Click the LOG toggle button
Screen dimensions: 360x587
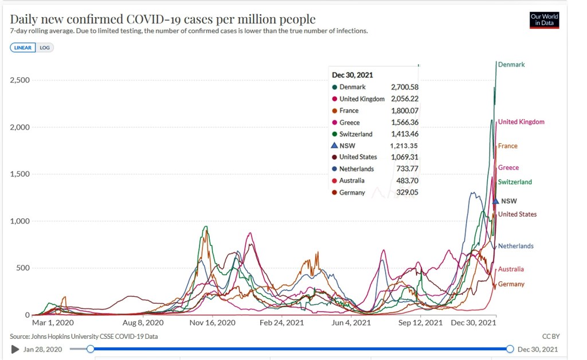(45, 48)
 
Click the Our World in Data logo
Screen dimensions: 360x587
(544, 21)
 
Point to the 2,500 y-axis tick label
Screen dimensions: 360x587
(20, 80)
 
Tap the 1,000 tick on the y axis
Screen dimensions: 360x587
(20, 221)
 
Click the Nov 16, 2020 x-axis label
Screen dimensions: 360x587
(213, 323)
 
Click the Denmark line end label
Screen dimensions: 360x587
(511, 65)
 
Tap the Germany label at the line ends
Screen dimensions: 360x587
(511, 284)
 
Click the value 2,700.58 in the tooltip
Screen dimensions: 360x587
(405, 87)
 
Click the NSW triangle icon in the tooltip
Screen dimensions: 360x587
(334, 146)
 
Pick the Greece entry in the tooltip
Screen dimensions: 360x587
(350, 123)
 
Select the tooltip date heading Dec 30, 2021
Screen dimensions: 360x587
(351, 75)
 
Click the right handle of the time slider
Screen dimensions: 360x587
(510, 349)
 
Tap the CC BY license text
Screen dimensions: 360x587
(550, 336)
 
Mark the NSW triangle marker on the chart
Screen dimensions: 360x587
(496, 201)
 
